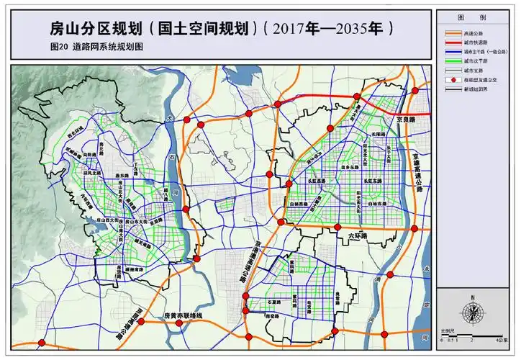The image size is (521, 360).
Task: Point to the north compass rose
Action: coord(472,311)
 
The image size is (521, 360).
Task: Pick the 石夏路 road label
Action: coord(273,302)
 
